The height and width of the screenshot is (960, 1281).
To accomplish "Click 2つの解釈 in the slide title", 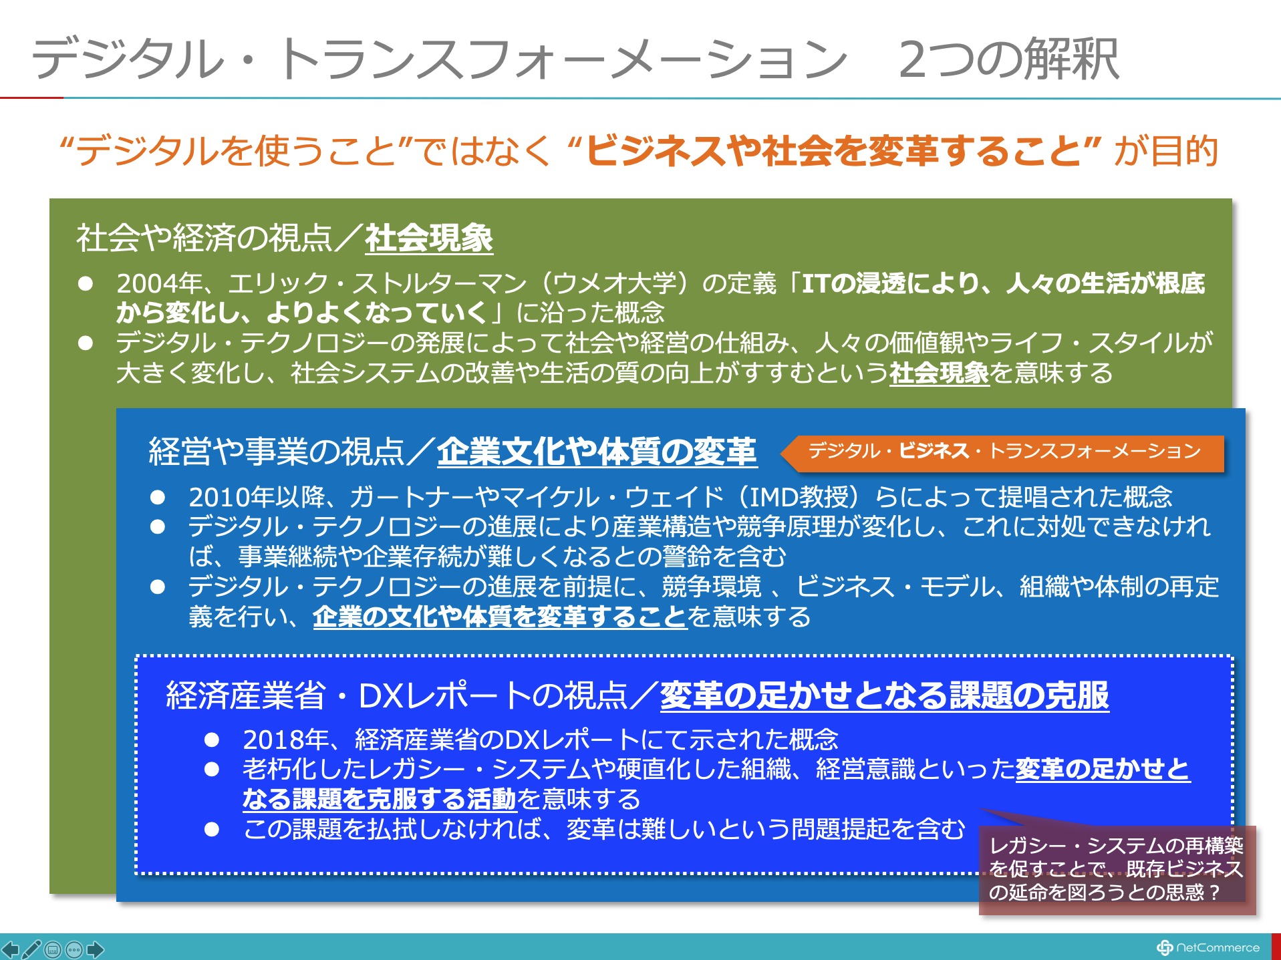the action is pos(1008,59).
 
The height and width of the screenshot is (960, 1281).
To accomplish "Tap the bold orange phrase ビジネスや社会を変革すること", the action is pos(833,150).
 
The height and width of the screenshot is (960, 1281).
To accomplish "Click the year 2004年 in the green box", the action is pos(160,283).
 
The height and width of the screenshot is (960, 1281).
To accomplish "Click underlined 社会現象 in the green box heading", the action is pos(429,238).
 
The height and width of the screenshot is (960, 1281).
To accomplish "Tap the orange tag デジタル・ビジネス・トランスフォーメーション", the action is pos(1004,452).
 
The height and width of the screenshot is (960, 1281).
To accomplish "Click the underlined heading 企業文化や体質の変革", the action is pos(597,452).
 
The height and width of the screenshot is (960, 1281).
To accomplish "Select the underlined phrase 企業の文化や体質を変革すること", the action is pos(500,616).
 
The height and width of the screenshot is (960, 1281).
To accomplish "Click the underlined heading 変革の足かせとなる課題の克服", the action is pos(885,695).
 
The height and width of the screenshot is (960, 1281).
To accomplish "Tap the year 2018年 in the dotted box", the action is pos(286,740).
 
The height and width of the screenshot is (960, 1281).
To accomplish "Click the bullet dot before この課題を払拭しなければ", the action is pos(212,830).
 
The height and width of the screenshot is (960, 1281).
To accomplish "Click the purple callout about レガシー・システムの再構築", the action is pos(1117,868).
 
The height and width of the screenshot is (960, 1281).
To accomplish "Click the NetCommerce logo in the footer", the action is pos(1208,947).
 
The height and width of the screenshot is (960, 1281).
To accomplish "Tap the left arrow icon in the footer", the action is pos(10,949).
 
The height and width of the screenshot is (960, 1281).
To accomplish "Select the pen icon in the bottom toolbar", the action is pos(31,949).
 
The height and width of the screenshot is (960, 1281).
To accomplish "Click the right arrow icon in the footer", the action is pos(96,949).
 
